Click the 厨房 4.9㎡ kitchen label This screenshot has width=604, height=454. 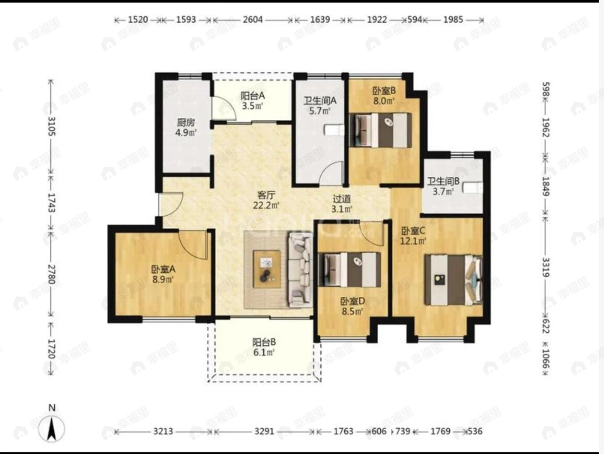[x=186, y=127]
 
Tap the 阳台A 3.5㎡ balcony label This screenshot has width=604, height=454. [x=252, y=100]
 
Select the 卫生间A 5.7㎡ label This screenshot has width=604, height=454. [x=320, y=106]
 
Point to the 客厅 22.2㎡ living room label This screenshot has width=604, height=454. [x=266, y=200]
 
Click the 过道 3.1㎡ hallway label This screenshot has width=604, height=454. [x=342, y=204]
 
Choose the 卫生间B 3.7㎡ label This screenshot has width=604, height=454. [x=443, y=187]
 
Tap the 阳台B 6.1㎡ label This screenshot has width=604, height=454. [x=264, y=347]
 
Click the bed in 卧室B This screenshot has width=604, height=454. [x=381, y=130]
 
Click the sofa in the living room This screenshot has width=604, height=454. [x=301, y=270]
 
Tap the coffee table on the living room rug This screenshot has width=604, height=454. [x=267, y=269]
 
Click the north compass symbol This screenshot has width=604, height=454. [x=52, y=428]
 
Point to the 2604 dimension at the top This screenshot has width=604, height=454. [x=253, y=20]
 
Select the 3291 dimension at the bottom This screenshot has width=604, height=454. [x=264, y=431]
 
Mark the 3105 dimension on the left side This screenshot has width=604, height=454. [x=52, y=126]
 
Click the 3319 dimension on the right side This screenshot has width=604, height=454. [x=546, y=267]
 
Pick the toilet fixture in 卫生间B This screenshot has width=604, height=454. [x=472, y=188]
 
